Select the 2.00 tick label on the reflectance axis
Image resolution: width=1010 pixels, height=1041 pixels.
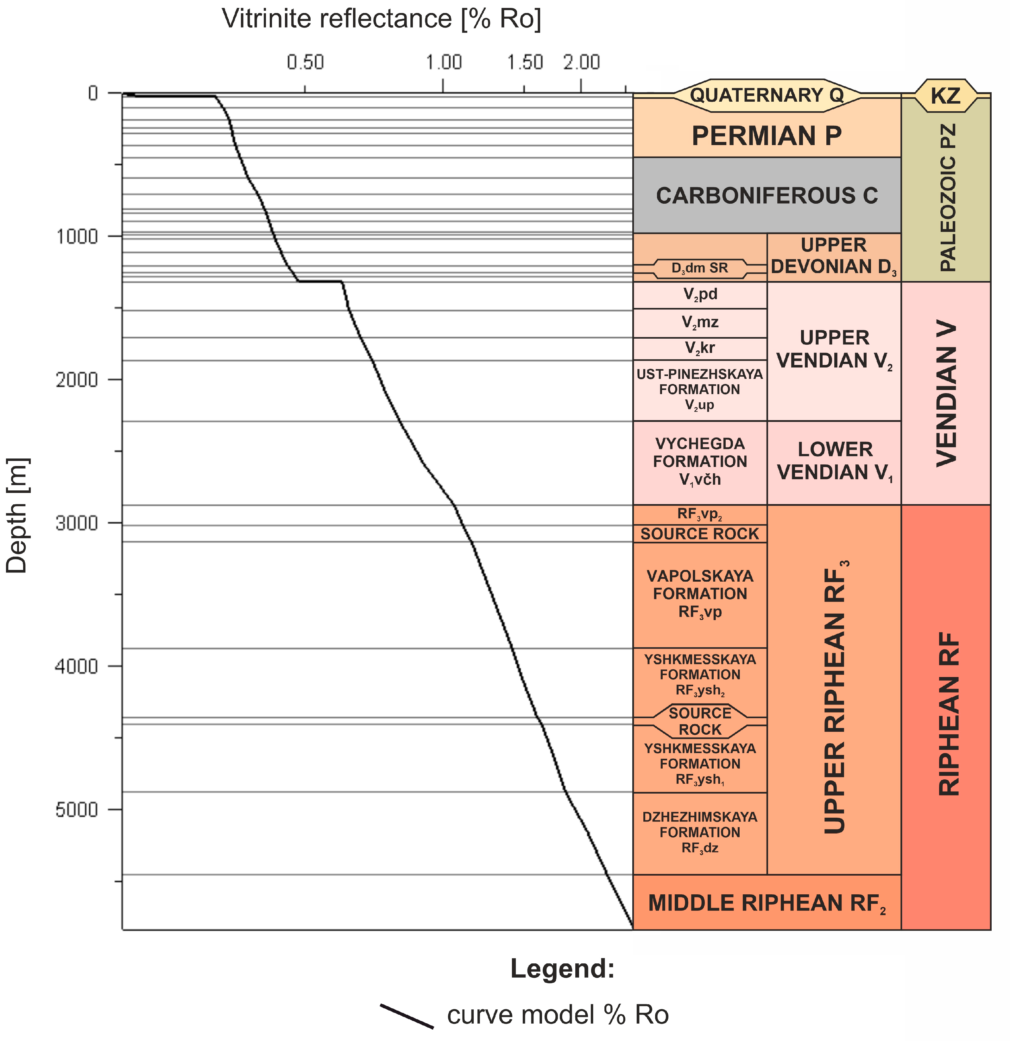click(x=581, y=63)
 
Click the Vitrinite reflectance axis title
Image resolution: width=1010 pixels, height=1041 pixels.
click(x=381, y=19)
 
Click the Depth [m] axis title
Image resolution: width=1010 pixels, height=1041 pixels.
click(x=17, y=515)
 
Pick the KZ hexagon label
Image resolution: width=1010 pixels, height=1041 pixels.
click(x=945, y=96)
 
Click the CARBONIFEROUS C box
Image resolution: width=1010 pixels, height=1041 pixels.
click(x=767, y=195)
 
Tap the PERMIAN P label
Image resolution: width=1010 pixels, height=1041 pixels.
click(x=767, y=136)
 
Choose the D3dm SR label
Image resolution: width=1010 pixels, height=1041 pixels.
click(x=699, y=268)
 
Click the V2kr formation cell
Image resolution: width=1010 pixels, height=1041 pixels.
click(x=699, y=348)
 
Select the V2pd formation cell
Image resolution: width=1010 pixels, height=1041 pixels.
click(x=699, y=294)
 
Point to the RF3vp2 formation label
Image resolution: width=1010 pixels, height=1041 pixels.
click(x=699, y=514)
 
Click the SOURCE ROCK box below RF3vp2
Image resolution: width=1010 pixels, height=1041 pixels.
click(x=699, y=534)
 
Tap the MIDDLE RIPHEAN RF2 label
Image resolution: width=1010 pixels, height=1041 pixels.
click(x=767, y=903)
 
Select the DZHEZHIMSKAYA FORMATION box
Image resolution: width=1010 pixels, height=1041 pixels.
click(x=699, y=832)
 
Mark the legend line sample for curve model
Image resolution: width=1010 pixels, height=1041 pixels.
click(x=407, y=1016)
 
